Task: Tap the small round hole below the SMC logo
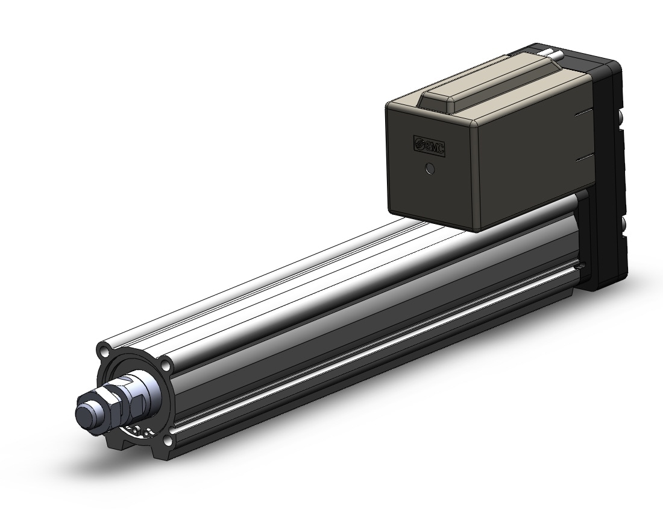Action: tap(430, 170)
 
